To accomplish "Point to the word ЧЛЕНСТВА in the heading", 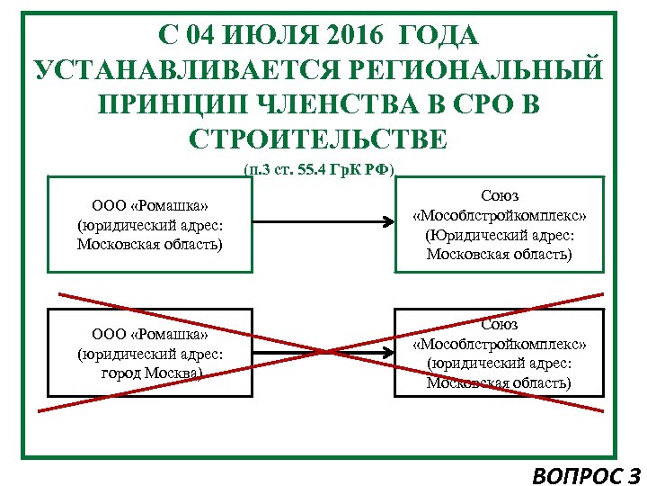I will pyautogui.click(x=337, y=105).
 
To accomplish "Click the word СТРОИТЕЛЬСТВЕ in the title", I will pyautogui.click(x=319, y=139).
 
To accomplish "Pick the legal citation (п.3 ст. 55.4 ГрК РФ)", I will pyautogui.click(x=319, y=169).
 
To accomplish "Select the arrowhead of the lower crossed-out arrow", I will pyautogui.click(x=390, y=352).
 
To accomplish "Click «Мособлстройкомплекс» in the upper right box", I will pyautogui.click(x=499, y=216).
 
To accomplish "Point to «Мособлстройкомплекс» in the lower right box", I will pyautogui.click(x=499, y=343).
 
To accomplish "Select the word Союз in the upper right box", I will pyautogui.click(x=499, y=196).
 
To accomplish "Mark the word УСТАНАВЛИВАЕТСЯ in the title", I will pyautogui.click(x=167, y=71).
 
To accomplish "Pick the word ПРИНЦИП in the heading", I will pyautogui.click(x=168, y=105).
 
